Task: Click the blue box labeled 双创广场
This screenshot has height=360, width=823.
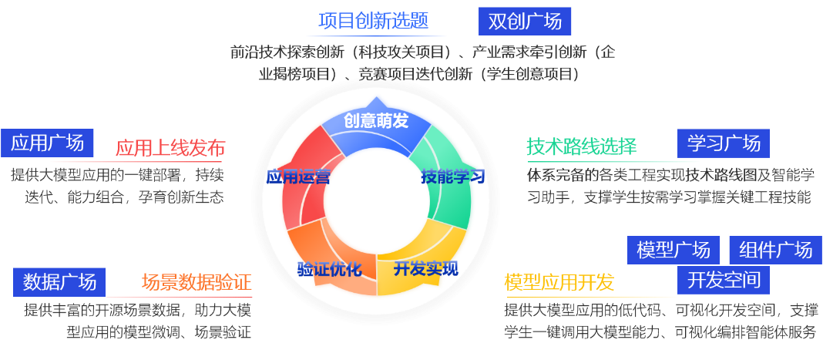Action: pyautogui.click(x=525, y=22)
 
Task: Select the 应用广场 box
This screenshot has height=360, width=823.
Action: pyautogui.click(x=47, y=143)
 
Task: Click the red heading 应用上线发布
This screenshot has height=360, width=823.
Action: pyautogui.click(x=170, y=148)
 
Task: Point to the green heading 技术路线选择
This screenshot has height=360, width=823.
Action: pyautogui.click(x=581, y=146)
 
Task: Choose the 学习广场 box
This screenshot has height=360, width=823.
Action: pyautogui.click(x=724, y=143)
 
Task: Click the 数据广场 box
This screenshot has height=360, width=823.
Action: pyautogui.click(x=59, y=282)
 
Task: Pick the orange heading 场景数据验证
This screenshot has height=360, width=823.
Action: pyautogui.click(x=197, y=282)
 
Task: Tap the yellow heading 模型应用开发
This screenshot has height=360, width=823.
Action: pyautogui.click(x=559, y=282)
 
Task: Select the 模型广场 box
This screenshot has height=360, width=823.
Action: pyautogui.click(x=674, y=250)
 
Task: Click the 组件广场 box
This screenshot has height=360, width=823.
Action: pyautogui.click(x=775, y=250)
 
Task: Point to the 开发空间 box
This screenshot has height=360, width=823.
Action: pyautogui.click(x=724, y=279)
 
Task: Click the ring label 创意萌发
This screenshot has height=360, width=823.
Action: pyautogui.click(x=376, y=121)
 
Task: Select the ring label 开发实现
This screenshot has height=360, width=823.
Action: pyautogui.click(x=425, y=269)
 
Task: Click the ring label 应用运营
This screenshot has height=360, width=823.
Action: pyautogui.click(x=298, y=177)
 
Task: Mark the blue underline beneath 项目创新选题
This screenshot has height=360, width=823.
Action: pyautogui.click(x=376, y=35)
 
